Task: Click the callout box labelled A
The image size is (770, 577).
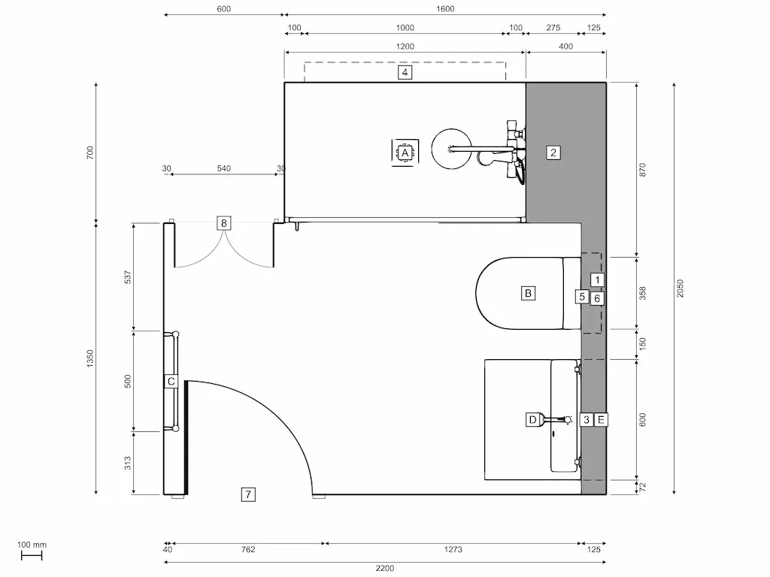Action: pyautogui.click(x=405, y=153)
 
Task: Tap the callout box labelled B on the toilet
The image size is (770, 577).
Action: pyautogui.click(x=529, y=293)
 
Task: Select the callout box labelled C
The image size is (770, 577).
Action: pyautogui.click(x=171, y=382)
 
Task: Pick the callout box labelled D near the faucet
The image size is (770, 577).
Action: pyautogui.click(x=532, y=419)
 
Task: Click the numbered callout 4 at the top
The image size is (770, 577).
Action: pyautogui.click(x=405, y=73)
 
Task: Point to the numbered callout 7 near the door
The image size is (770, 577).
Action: pyautogui.click(x=248, y=494)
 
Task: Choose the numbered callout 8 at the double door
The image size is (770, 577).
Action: pyautogui.click(x=223, y=222)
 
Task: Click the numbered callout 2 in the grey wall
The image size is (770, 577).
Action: pyautogui.click(x=553, y=153)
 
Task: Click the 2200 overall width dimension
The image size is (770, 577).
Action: pyautogui.click(x=385, y=568)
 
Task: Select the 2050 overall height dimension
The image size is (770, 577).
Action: pyautogui.click(x=680, y=288)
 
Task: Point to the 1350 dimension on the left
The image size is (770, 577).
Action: pyautogui.click(x=90, y=358)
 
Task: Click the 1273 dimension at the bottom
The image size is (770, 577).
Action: pyautogui.click(x=453, y=550)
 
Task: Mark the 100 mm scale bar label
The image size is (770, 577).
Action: pyautogui.click(x=31, y=545)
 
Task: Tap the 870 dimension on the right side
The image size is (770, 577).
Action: pyautogui.click(x=642, y=170)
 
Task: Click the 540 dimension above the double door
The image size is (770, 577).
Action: pyautogui.click(x=224, y=168)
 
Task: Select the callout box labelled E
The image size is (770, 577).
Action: pyautogui.click(x=601, y=419)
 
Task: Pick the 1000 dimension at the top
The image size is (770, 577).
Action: pyautogui.click(x=405, y=28)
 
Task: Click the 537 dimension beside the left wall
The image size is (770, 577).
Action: pyautogui.click(x=128, y=277)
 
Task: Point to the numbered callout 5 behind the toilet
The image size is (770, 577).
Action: pyautogui.click(x=582, y=297)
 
